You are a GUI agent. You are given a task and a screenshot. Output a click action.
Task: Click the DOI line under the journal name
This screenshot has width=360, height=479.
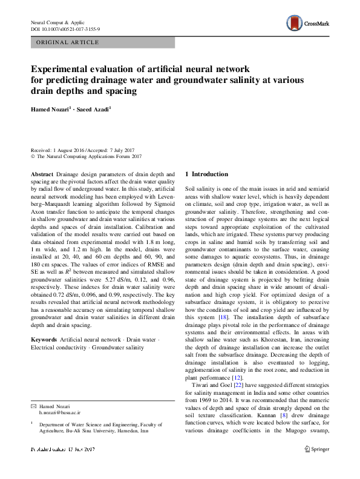[x=65, y=29]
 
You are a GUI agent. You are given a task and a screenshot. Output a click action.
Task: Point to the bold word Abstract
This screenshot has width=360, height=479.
[x=41, y=174]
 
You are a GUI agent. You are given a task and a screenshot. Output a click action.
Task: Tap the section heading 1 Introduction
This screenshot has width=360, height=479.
[x=206, y=174]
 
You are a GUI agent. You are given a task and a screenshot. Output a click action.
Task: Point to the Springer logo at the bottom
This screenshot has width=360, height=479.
[x=316, y=466]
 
